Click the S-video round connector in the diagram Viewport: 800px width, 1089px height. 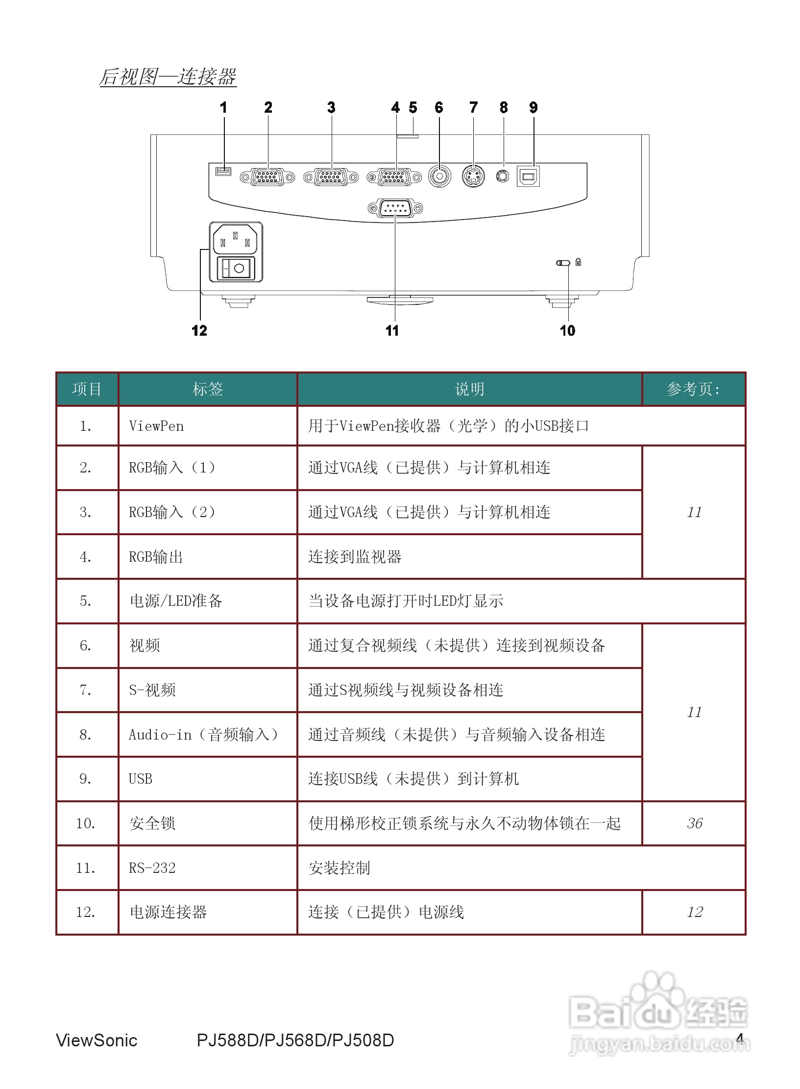tap(473, 176)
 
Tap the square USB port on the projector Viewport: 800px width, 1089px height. tap(528, 176)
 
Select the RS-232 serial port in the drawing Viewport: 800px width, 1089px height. tap(395, 209)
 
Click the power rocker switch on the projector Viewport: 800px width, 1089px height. tap(236, 269)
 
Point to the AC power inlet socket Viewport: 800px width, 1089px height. tap(235, 239)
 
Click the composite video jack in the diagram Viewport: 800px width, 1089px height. tap(439, 176)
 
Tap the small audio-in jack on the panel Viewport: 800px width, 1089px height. tap(503, 176)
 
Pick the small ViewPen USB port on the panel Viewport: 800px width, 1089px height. tap(223, 171)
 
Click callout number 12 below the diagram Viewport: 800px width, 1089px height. tap(199, 330)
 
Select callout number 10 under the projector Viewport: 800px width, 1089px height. tap(567, 330)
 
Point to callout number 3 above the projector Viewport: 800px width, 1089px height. tap(331, 107)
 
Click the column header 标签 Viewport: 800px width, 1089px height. tap(208, 389)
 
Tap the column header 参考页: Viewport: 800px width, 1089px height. tap(693, 389)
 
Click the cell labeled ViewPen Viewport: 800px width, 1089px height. tap(157, 426)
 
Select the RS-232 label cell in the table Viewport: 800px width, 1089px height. tap(152, 868)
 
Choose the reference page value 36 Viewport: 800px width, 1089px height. tap(694, 823)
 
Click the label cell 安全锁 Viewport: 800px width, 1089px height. tap(152, 823)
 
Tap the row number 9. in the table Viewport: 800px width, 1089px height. tap(86, 779)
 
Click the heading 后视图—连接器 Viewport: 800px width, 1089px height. tap(168, 77)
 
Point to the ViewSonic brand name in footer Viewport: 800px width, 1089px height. tap(97, 1040)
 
